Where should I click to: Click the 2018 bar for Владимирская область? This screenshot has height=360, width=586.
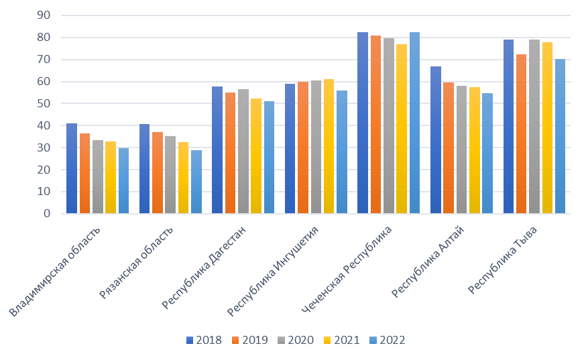(72, 168)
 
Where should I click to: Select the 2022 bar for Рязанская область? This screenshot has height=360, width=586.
(196, 182)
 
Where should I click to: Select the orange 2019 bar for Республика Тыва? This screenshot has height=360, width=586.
(522, 134)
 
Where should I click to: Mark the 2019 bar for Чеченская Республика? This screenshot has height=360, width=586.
(375, 125)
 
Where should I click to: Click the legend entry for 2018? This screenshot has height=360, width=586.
(204, 340)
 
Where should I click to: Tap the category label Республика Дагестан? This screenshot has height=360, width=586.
(204, 267)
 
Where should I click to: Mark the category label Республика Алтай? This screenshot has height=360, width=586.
(428, 261)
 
